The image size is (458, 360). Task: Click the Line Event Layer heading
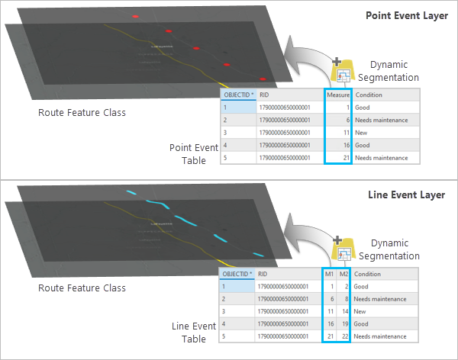click(x=411, y=194)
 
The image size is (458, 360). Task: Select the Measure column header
click(x=337, y=95)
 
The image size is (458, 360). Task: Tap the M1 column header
click(x=330, y=274)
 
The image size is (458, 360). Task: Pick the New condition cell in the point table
click(x=362, y=133)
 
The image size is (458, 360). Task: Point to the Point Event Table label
click(x=188, y=153)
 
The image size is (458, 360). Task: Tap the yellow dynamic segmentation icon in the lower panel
click(x=345, y=249)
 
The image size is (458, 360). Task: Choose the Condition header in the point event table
click(x=369, y=95)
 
